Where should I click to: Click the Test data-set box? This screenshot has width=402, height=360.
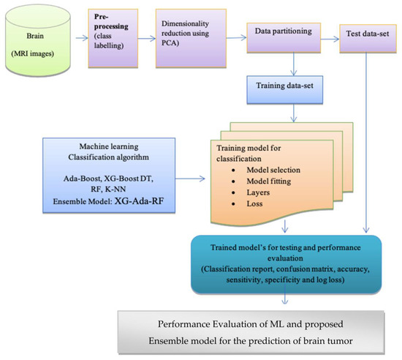tap(368, 34)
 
